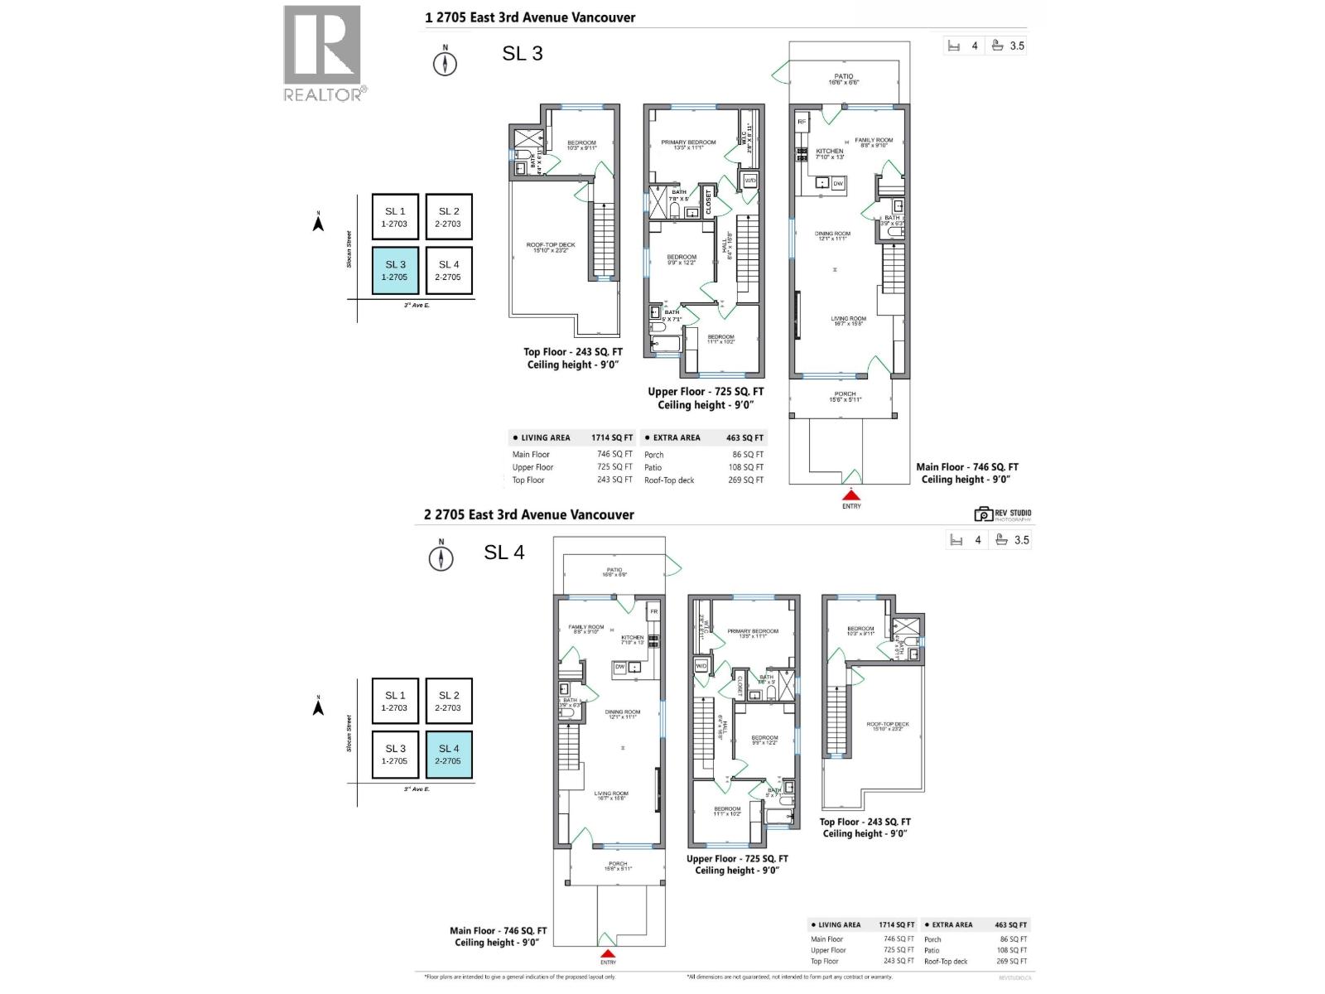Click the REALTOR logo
(x=323, y=53)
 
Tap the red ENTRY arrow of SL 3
(x=851, y=495)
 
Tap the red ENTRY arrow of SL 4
(x=608, y=953)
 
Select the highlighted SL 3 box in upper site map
(x=395, y=270)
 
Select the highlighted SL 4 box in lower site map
(x=449, y=754)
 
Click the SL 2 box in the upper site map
(x=449, y=217)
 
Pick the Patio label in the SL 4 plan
(x=614, y=572)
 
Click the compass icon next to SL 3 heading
(x=446, y=63)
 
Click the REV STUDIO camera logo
(x=984, y=514)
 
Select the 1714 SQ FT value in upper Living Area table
(x=611, y=437)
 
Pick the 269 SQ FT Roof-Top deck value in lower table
(x=1011, y=962)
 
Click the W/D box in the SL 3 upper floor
(x=750, y=180)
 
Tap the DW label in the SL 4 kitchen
(x=619, y=667)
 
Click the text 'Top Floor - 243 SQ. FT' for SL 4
(x=865, y=822)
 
